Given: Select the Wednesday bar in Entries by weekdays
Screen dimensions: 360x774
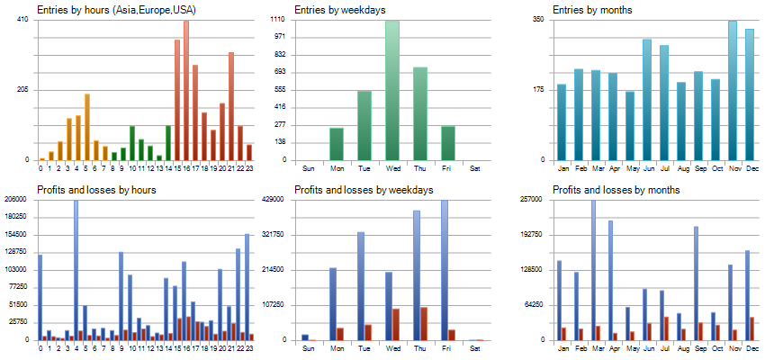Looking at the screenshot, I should point(392,90).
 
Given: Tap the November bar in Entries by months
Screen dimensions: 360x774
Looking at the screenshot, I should point(733,90).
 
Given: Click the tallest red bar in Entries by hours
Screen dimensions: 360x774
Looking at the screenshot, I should point(186,90).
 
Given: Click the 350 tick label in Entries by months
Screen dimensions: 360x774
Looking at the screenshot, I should point(537,20).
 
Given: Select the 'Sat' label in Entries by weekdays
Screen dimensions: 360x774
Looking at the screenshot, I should point(475,168).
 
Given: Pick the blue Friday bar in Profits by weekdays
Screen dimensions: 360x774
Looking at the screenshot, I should point(445,270).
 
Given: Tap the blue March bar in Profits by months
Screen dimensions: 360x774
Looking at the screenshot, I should point(593,270).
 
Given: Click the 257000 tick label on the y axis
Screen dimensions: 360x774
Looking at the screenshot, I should point(532,200).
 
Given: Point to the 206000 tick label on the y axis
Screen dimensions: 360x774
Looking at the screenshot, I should point(14,200).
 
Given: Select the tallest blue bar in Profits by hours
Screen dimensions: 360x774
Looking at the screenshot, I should point(76,270).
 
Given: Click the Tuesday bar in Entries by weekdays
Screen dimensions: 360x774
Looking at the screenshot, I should point(364,125).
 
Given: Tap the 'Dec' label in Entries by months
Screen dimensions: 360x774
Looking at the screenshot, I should point(750,168).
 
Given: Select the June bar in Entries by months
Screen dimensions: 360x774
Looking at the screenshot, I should point(647,99).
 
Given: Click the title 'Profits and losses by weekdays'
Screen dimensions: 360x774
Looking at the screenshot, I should point(364,190).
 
